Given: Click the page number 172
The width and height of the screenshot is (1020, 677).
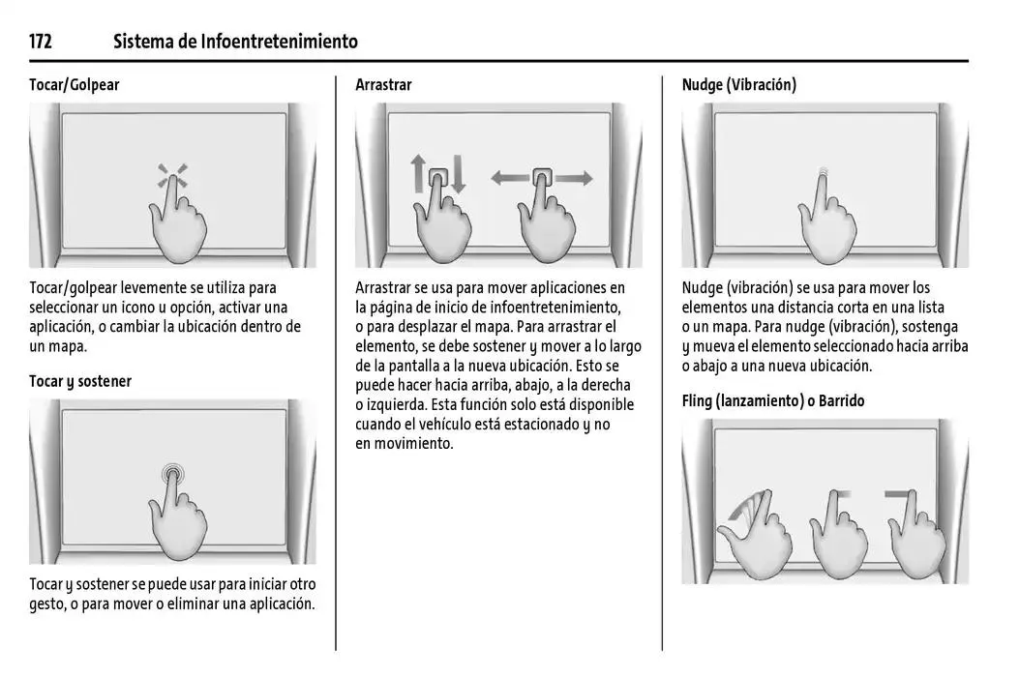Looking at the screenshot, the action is coord(41,42).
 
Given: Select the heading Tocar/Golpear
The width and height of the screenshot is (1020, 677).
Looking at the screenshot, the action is coord(75,84).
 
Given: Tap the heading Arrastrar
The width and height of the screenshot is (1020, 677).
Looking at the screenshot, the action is coord(383,84).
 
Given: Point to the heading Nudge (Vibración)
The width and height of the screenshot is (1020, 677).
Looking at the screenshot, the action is coord(739,84).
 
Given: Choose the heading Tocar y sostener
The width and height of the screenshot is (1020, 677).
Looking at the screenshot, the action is coord(80,382).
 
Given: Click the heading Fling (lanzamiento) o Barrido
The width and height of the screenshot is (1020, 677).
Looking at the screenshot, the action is coord(773,400).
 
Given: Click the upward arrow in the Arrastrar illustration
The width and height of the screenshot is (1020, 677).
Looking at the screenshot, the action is coord(418,173).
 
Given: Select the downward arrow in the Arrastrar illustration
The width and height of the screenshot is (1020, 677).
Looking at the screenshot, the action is coord(458,174).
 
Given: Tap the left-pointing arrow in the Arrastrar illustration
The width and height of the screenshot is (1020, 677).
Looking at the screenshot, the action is coord(511,178).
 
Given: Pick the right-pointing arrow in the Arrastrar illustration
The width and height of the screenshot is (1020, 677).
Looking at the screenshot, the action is coord(573,178).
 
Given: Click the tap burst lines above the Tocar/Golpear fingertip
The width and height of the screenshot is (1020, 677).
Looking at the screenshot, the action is coord(172,174).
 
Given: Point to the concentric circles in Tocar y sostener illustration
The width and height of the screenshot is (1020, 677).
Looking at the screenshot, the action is coord(172,473).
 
